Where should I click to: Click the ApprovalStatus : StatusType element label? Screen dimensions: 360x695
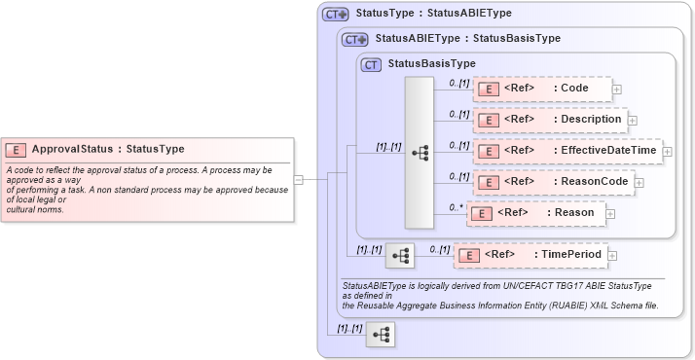point(108,149)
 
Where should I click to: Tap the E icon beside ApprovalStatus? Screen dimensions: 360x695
point(16,149)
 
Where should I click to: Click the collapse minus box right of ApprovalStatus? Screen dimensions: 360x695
point(298,179)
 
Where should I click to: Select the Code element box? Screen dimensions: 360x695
point(543,89)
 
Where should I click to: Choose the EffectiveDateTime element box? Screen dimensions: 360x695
point(567,151)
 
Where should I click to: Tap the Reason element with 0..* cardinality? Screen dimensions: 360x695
point(535,212)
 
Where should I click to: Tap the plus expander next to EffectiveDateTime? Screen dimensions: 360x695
point(667,151)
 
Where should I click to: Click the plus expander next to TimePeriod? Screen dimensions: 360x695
point(613,256)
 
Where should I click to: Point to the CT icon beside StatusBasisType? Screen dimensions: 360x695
point(370,64)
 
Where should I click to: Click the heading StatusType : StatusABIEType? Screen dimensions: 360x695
point(433,14)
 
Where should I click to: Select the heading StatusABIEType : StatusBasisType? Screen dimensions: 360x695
point(467,39)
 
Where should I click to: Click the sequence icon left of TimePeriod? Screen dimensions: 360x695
point(400,255)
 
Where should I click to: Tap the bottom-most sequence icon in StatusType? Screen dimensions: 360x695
point(380,334)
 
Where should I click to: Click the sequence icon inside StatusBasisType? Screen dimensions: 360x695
point(420,152)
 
